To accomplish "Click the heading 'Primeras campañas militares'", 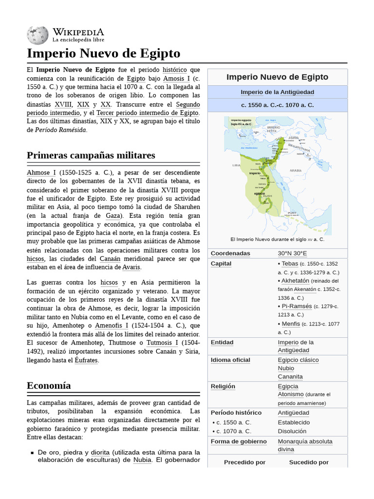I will (x=91, y=155).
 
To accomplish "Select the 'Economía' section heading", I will (x=49, y=385).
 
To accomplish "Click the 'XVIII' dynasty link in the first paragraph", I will (x=63, y=105).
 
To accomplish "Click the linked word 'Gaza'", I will (x=114, y=215).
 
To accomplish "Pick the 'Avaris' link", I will (x=131, y=268).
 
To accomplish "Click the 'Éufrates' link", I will (x=86, y=361).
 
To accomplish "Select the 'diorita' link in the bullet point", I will (x=100, y=452).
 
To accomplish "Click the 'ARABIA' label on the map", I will (x=296, y=171).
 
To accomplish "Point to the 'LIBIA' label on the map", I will (x=237, y=166).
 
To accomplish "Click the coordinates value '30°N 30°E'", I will (x=292, y=253).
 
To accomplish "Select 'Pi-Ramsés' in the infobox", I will (x=297, y=307).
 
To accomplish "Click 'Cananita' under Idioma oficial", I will (x=290, y=377).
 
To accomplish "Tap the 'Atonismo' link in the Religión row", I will (x=291, y=394).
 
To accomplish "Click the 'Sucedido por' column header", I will (x=309, y=462).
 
